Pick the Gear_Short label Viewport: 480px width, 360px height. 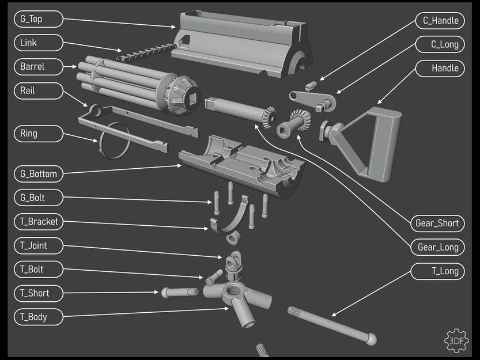[437, 223]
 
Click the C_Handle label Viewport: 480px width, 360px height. [440, 21]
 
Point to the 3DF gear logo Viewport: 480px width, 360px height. [456, 340]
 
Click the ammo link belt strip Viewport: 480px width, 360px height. [144, 52]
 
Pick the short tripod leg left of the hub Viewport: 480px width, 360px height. [179, 292]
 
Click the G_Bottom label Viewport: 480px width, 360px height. [37, 173]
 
